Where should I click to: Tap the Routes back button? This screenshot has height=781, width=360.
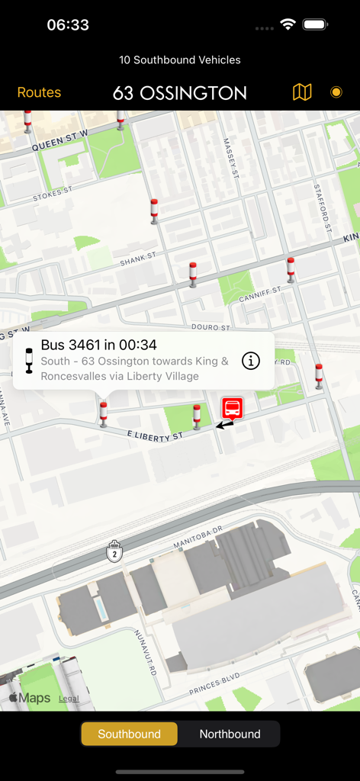tap(39, 92)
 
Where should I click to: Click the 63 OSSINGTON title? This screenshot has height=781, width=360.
tap(180, 93)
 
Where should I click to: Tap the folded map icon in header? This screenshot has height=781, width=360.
tap(302, 92)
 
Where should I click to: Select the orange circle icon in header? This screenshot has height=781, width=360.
tap(336, 92)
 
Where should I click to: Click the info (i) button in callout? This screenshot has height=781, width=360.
tap(251, 361)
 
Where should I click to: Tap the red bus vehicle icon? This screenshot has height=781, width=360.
tap(233, 408)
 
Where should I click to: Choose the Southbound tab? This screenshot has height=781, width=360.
tap(130, 734)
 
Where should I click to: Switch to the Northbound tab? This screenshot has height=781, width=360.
tap(230, 734)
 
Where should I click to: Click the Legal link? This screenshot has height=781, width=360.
tap(69, 699)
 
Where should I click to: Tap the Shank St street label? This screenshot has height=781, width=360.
tap(137, 262)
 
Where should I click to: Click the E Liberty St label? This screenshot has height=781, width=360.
tap(155, 435)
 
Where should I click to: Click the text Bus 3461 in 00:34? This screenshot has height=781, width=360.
tap(98, 345)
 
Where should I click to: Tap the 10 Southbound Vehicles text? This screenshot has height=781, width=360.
tap(180, 59)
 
